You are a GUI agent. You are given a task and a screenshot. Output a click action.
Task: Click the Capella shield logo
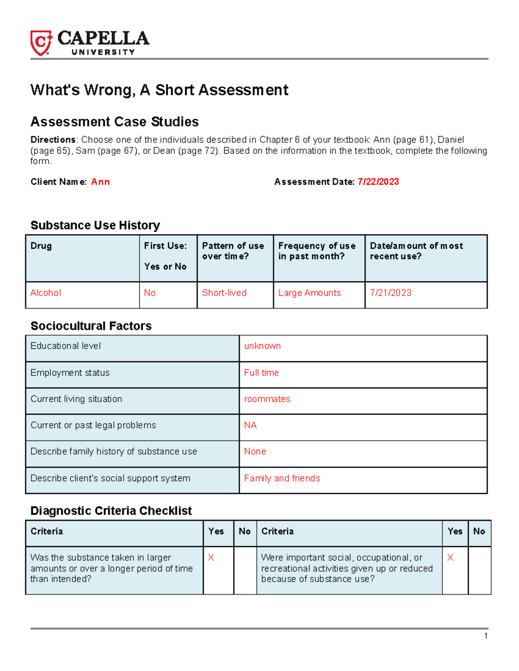click(41, 43)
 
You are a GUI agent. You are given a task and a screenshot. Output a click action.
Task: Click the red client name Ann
click(100, 182)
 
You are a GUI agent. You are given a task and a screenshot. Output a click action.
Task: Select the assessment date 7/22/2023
click(378, 182)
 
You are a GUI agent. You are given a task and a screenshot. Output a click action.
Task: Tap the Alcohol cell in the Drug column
click(46, 293)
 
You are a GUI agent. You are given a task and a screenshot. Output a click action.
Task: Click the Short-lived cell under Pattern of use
click(224, 293)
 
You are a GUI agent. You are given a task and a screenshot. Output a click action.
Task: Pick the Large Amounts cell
click(309, 293)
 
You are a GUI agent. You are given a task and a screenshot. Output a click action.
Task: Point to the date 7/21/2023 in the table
click(391, 293)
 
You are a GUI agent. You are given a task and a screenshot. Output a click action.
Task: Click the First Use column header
click(166, 246)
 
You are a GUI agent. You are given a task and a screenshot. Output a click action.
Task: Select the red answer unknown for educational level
click(262, 346)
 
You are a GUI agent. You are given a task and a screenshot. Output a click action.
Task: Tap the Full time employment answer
click(261, 373)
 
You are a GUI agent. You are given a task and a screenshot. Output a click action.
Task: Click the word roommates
click(267, 399)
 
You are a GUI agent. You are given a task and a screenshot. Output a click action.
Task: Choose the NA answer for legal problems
click(250, 425)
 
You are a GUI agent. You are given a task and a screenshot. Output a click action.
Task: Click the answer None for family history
click(255, 452)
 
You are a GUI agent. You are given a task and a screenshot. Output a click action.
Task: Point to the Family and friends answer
click(282, 478)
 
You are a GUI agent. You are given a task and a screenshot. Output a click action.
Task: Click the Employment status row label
click(70, 373)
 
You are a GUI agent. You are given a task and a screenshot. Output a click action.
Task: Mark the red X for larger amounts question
click(211, 558)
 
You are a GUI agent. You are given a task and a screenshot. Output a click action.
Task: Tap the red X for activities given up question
click(450, 558)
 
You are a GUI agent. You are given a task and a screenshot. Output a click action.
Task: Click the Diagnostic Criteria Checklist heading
click(111, 511)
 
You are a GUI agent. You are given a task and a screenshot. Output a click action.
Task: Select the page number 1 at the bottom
click(486, 636)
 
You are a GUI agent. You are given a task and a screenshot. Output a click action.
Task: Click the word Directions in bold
click(53, 140)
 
